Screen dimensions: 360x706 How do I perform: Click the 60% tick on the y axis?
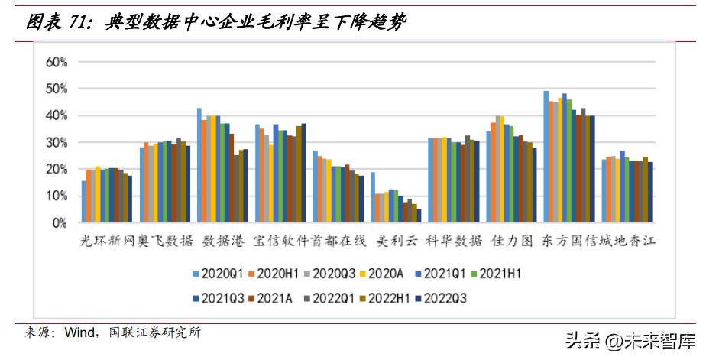[x=57, y=62]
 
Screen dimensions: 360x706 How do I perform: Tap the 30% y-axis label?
[x=57, y=143]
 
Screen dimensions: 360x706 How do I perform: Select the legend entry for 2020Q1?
[x=219, y=272]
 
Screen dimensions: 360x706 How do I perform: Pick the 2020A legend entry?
[x=382, y=272]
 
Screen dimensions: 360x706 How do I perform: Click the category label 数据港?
[x=223, y=242]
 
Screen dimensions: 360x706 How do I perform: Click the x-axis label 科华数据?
[x=454, y=242]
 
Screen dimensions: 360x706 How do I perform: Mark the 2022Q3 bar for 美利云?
[x=419, y=216]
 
